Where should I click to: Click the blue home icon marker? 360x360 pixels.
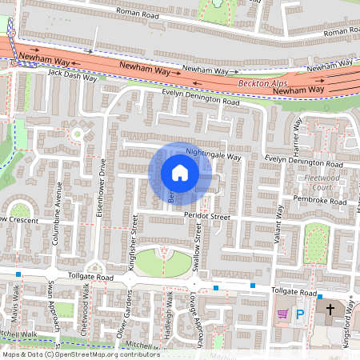[x=180, y=173]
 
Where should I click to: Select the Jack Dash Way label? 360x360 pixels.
[x=72, y=78]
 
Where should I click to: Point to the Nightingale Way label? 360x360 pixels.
[x=213, y=152]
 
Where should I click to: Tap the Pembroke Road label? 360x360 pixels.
[x=320, y=202]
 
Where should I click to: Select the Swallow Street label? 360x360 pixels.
[x=198, y=242]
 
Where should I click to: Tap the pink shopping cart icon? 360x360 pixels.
[x=282, y=314]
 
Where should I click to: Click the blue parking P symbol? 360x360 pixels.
[x=301, y=314]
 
